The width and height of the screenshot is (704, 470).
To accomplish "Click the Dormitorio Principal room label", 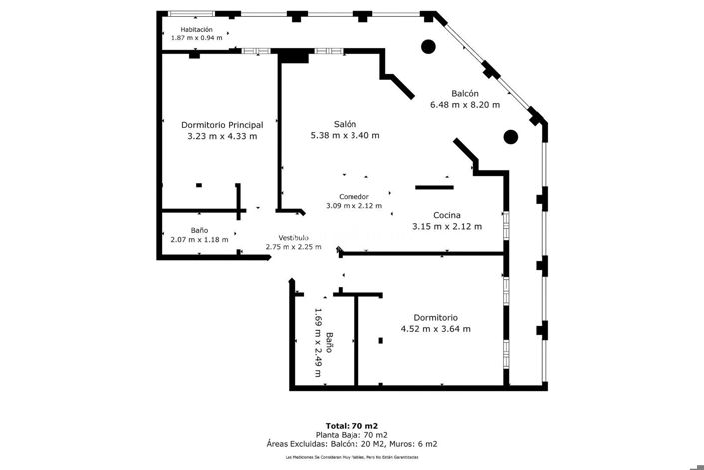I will pyautogui.click(x=222, y=125).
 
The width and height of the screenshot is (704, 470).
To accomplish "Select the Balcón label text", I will pyautogui.click(x=465, y=93).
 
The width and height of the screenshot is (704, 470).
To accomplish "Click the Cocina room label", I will pyautogui.click(x=446, y=215).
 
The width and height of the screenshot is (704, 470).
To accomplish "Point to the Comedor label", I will pyautogui.click(x=353, y=196).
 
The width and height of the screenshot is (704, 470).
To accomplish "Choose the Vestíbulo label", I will pyautogui.click(x=293, y=237).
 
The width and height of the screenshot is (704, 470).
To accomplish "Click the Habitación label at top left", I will pyautogui.click(x=196, y=29).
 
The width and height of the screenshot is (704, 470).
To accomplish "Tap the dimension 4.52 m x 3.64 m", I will pyautogui.click(x=435, y=328).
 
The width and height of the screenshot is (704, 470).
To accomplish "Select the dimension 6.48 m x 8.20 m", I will pyautogui.click(x=465, y=105).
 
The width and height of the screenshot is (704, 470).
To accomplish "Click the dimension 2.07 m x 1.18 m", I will pyautogui.click(x=199, y=239).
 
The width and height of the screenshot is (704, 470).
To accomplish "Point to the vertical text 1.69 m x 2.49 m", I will pyautogui.click(x=318, y=342).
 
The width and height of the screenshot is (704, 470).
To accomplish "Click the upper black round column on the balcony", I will pyautogui.click(x=427, y=45).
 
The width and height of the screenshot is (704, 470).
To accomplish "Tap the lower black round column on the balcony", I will pyautogui.click(x=511, y=137).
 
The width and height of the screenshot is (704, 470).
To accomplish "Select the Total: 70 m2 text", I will pyautogui.click(x=352, y=426).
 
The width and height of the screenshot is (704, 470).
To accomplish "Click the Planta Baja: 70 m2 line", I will pyautogui.click(x=352, y=435).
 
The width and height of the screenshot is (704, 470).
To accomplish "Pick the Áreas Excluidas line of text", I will pyautogui.click(x=352, y=444).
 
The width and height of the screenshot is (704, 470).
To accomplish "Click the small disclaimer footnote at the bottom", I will pyautogui.click(x=352, y=457).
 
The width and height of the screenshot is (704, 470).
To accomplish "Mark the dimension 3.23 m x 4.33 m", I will pyautogui.click(x=222, y=136).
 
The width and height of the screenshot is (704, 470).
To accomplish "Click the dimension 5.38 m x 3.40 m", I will pyautogui.click(x=346, y=136).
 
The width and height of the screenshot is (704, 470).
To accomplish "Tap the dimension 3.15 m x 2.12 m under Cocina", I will pyautogui.click(x=446, y=226).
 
